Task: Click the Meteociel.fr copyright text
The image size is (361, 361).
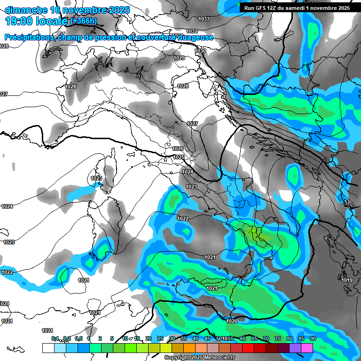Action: [200, 358]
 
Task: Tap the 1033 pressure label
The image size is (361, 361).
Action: [204, 19]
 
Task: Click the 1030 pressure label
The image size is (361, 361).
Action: [200, 51]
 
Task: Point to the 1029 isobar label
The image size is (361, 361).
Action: [179, 58]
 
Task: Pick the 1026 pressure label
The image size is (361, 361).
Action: [177, 149]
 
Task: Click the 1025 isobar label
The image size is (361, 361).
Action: [179, 157]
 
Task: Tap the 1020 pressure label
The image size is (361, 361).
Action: [231, 321]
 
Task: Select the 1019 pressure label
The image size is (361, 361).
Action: [347, 280]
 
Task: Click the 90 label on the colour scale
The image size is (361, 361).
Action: [313, 338]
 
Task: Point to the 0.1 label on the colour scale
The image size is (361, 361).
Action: [55, 338]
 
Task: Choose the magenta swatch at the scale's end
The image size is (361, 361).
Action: [307, 348]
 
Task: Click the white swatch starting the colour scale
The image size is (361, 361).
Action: [48, 348]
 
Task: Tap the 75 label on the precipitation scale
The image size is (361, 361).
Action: [277, 338]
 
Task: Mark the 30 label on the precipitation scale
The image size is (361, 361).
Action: [172, 338]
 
